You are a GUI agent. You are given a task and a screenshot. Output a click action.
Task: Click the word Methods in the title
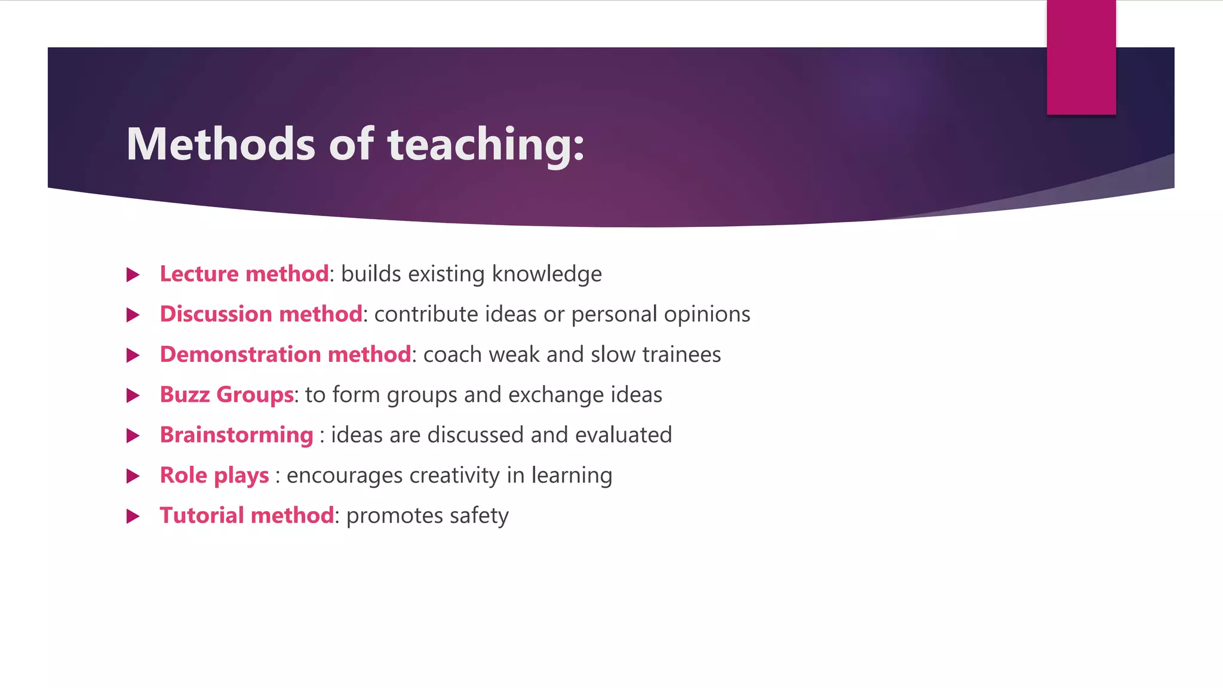(x=220, y=145)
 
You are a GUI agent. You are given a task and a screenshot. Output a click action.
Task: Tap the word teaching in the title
(x=485, y=145)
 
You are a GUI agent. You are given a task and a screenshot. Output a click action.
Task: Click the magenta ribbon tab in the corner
(x=1081, y=57)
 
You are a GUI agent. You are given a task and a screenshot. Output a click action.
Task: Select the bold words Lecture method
(x=244, y=274)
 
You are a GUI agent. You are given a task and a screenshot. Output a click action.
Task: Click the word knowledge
(x=546, y=274)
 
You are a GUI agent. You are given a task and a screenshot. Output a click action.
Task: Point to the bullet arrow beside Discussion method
(x=133, y=315)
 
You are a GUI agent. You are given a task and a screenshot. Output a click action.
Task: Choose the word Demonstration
(x=241, y=355)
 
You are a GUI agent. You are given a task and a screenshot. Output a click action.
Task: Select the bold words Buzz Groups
(x=226, y=395)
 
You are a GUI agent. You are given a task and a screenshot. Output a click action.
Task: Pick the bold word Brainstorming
(x=236, y=435)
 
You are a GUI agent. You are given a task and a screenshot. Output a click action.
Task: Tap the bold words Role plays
(x=214, y=475)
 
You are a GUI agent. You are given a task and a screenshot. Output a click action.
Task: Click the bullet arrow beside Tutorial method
(x=133, y=516)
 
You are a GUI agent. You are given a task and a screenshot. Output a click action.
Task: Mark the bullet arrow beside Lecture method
(x=133, y=275)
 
